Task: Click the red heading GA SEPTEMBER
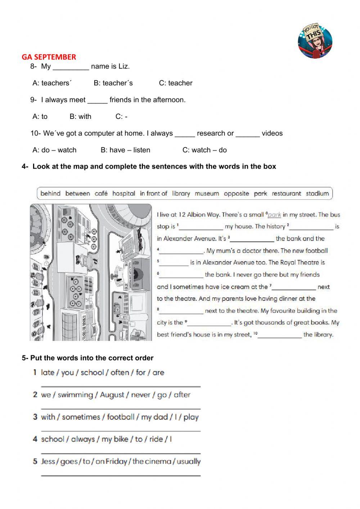(49, 57)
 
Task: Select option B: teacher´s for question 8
(113, 83)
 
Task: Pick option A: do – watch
(54, 150)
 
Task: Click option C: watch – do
(204, 150)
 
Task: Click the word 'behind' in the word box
(50, 193)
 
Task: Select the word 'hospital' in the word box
(123, 193)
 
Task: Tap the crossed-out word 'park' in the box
(260, 193)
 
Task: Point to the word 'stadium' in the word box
(317, 193)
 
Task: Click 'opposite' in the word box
(236, 193)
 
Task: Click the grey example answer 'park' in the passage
(274, 215)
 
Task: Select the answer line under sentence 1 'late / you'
(121, 386)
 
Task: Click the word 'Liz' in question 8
(123, 66)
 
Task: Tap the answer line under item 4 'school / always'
(121, 453)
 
